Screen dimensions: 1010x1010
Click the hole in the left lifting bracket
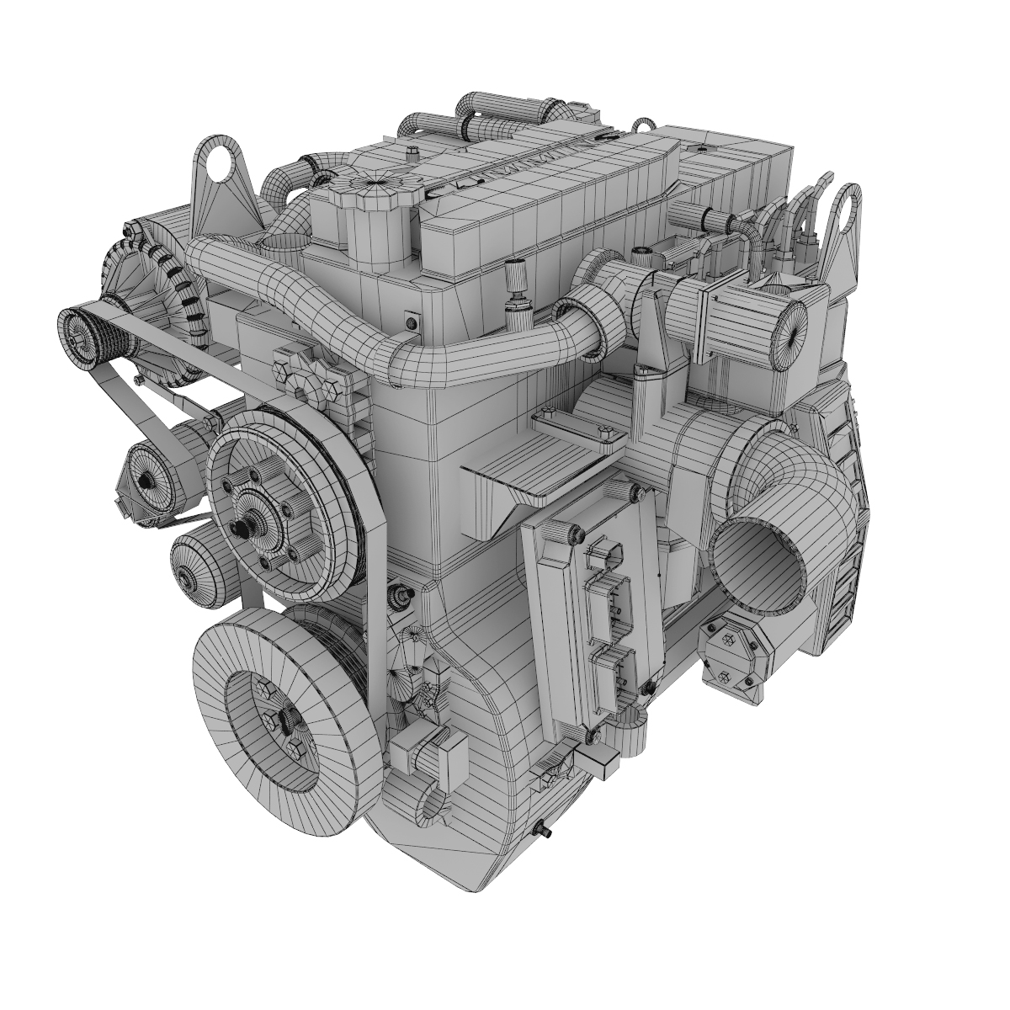point(221,166)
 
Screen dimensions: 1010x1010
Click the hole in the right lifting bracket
point(846,201)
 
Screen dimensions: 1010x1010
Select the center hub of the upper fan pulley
point(245,525)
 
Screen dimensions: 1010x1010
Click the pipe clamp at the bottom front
point(430,800)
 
